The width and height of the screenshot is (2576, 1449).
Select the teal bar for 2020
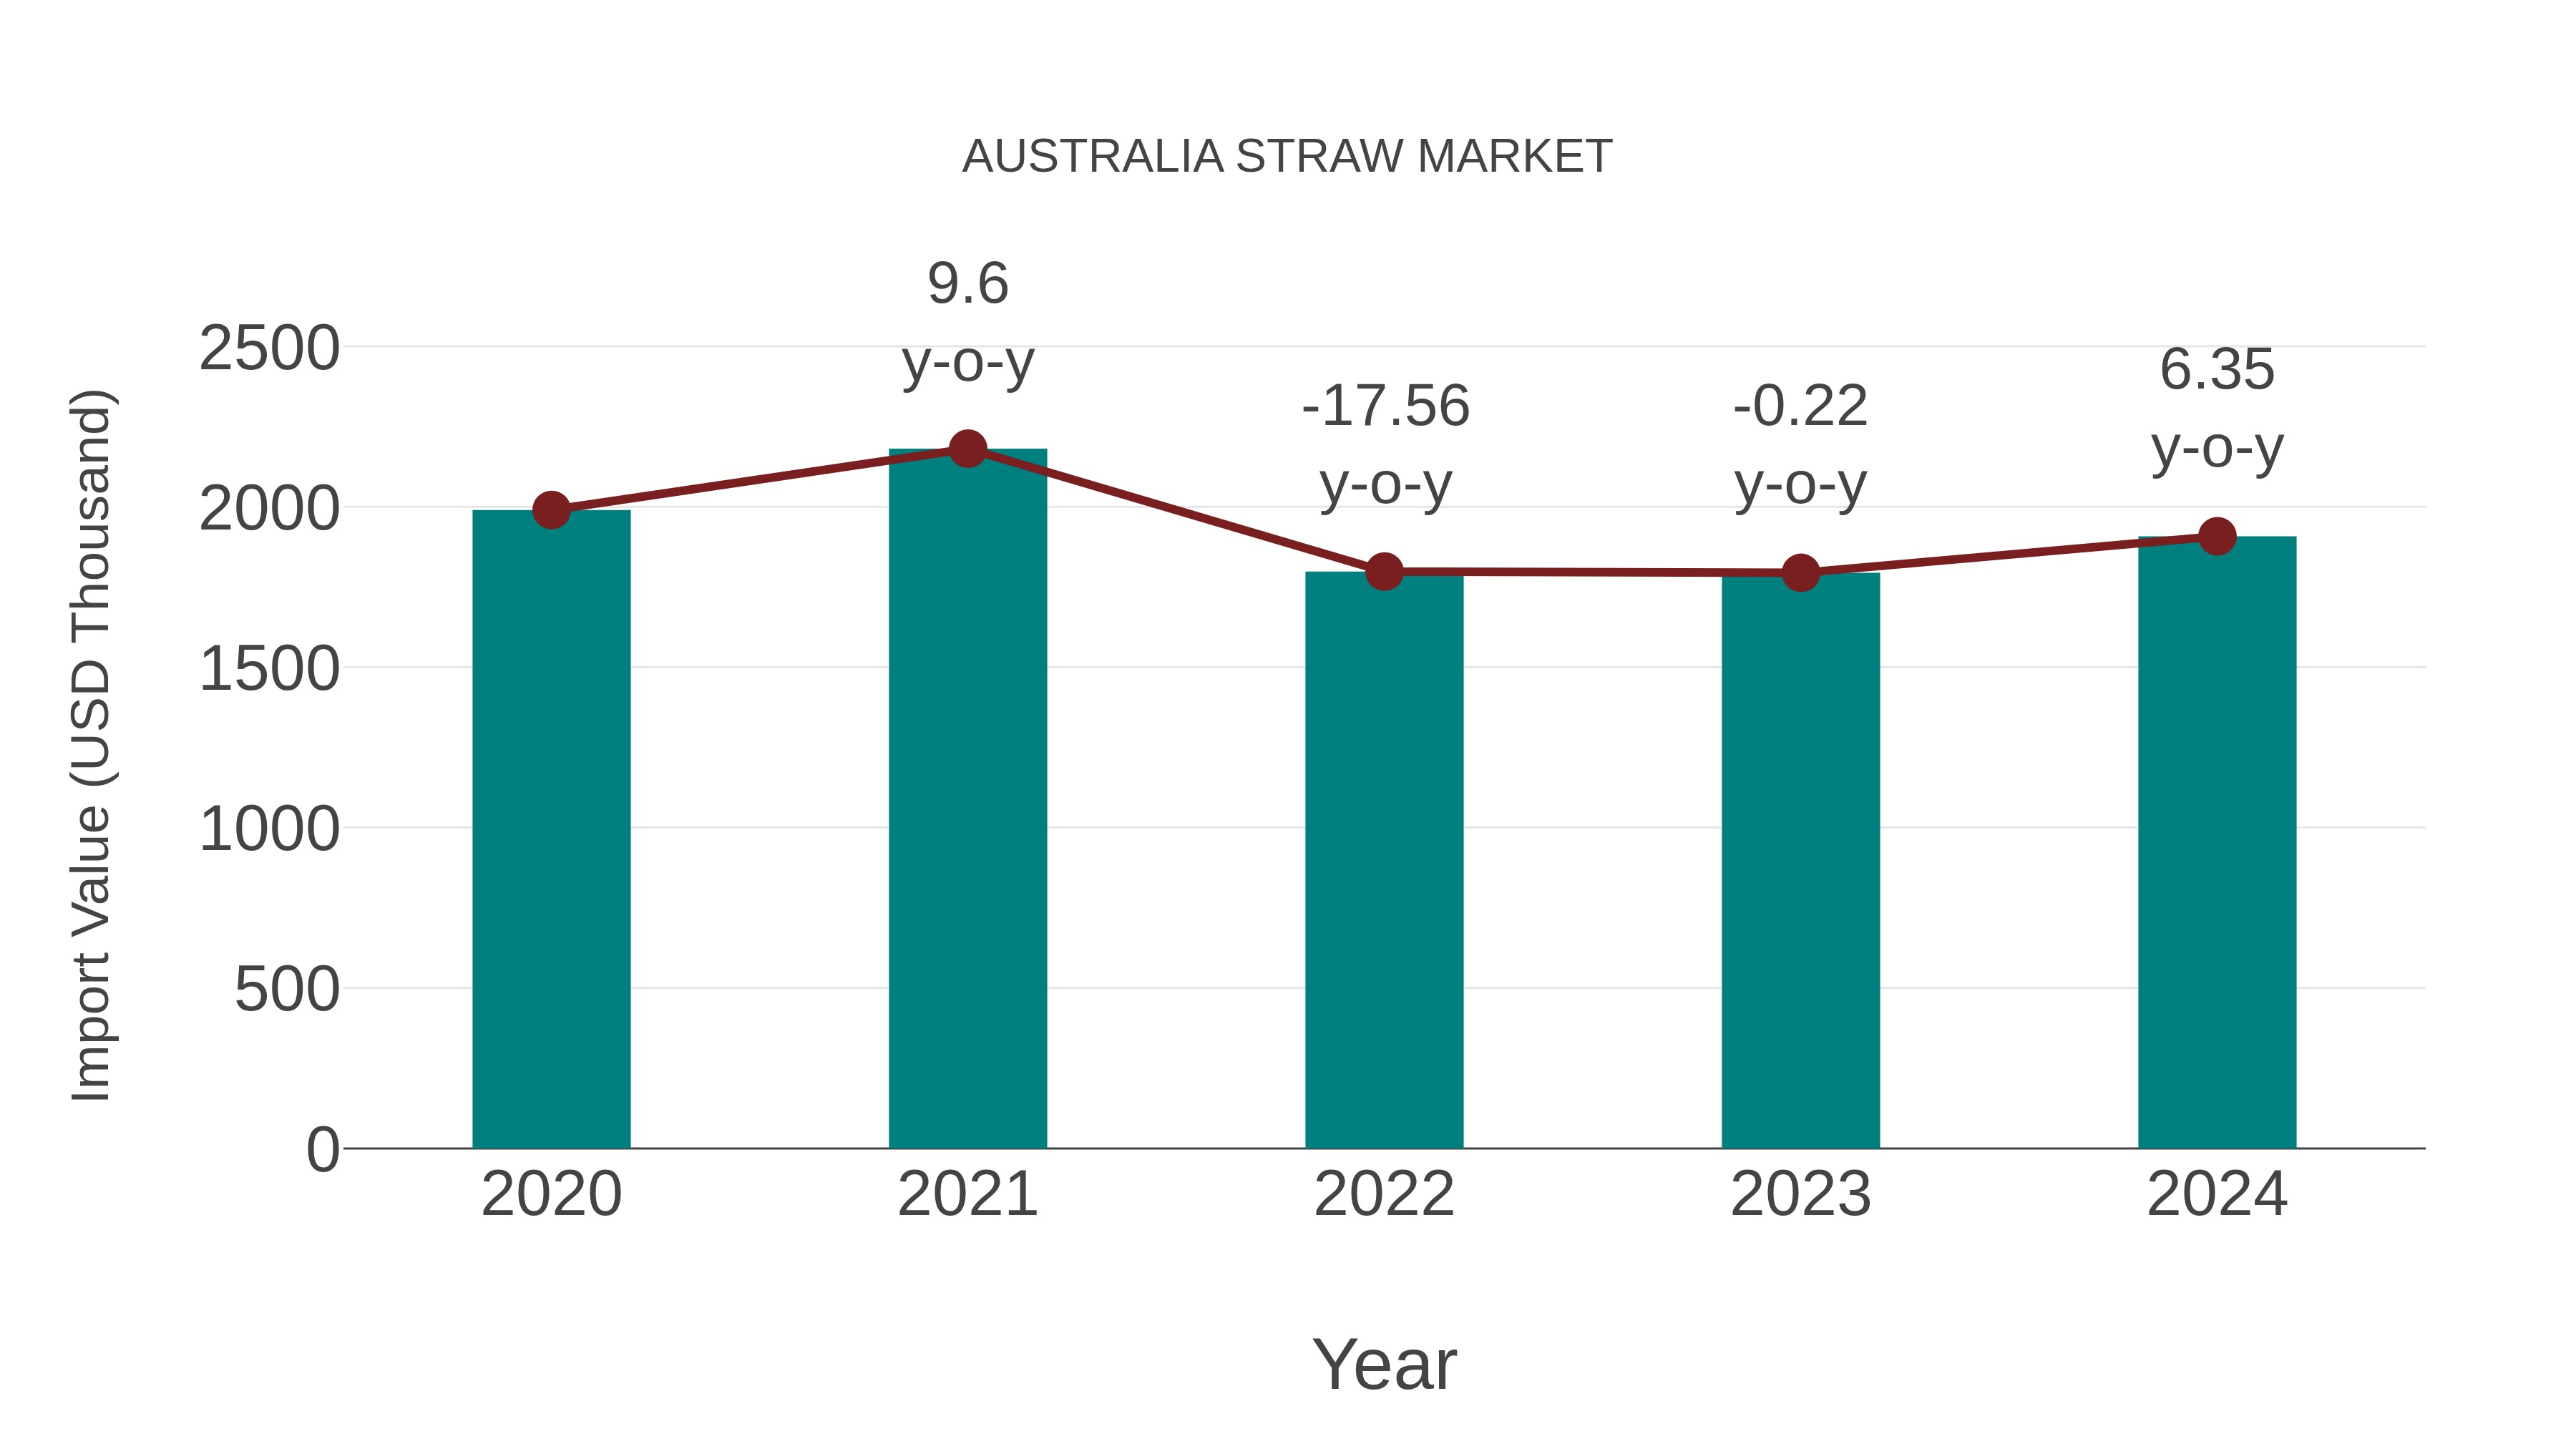(551, 830)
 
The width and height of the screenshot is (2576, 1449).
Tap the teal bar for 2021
(967, 800)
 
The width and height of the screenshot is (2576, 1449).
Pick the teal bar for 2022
(1383, 860)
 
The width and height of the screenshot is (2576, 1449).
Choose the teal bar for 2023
(1800, 860)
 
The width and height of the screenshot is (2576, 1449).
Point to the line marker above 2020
(551, 510)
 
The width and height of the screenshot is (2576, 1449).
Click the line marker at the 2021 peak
(967, 449)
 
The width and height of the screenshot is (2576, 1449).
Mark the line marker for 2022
(1384, 572)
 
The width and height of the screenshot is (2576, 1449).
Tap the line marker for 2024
(2217, 536)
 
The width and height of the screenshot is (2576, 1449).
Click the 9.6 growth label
(967, 284)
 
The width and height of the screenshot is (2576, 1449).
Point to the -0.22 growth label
(1800, 407)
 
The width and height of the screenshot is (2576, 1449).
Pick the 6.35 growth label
(2217, 370)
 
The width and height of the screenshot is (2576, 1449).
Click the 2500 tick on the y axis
(269, 349)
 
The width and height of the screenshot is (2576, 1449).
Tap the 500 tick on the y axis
(287, 990)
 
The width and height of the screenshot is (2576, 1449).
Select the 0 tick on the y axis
(322, 1150)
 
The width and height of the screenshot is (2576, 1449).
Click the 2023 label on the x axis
(1800, 1194)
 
